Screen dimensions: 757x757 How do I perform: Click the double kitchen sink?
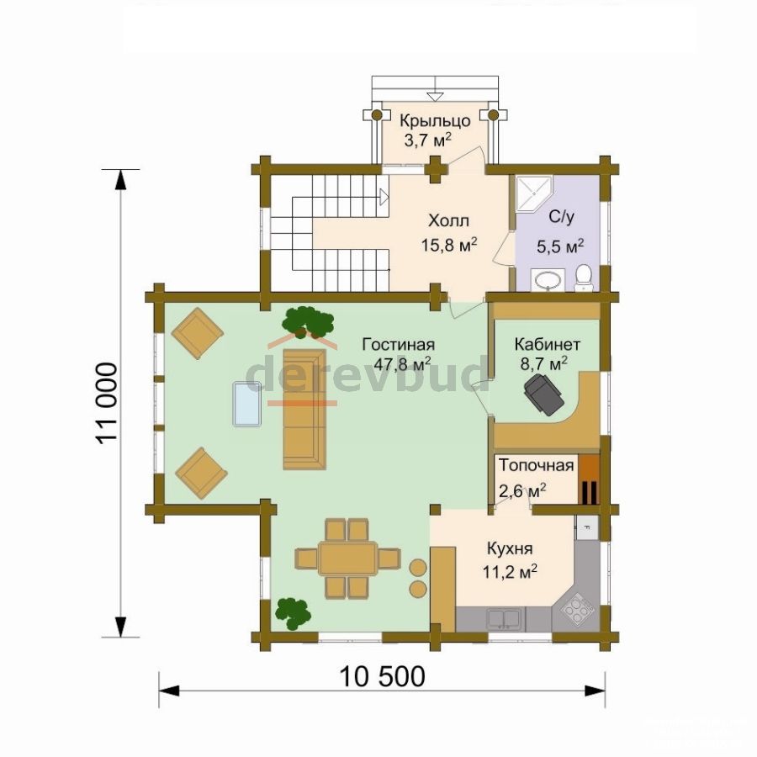coord(504,618)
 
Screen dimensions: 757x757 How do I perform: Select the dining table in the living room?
coord(347,558)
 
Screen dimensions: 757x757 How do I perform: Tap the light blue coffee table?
coord(247,404)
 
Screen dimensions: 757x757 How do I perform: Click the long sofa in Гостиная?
coord(304,409)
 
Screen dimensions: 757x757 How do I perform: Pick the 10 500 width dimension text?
coord(383,676)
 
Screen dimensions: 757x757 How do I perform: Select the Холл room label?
coord(448,221)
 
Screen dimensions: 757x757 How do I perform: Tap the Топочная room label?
coord(537,465)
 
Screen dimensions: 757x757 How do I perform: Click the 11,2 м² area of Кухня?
coord(511,572)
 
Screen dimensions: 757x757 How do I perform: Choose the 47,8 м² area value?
coord(403,363)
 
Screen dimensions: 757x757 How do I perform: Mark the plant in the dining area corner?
coord(293,614)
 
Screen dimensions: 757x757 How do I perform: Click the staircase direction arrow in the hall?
coord(384,197)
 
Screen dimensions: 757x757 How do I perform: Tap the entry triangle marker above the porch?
coord(435,97)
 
